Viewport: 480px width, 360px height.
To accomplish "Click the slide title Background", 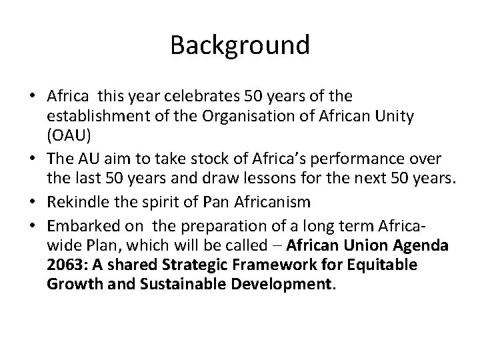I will tap(240, 45).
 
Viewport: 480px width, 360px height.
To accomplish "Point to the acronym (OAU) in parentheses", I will tap(67, 136).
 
